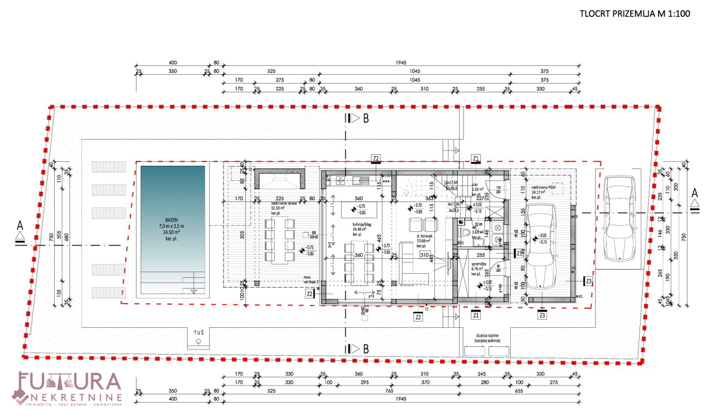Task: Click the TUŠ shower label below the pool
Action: click(199, 333)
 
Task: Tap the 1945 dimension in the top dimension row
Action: click(399, 62)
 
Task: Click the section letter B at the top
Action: click(366, 118)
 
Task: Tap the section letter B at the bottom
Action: click(366, 349)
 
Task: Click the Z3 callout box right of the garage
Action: click(588, 281)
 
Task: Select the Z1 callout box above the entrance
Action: click(476, 158)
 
